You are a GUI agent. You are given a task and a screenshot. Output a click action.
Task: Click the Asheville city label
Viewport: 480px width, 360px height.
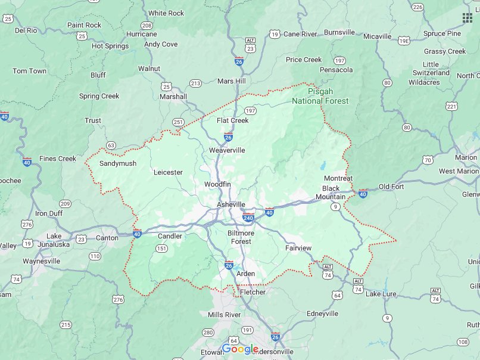[x=230, y=204]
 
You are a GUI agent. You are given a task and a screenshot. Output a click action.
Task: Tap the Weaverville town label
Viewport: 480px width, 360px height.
[x=226, y=151]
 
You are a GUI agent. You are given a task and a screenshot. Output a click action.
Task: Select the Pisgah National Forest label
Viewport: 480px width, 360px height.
[x=320, y=97]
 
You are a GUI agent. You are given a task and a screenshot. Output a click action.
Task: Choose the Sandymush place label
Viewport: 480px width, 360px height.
[x=117, y=163]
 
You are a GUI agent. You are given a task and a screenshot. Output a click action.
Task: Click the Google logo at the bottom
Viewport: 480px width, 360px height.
[x=240, y=349]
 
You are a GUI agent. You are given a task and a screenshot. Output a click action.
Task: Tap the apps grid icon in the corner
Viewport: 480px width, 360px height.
[x=467, y=17]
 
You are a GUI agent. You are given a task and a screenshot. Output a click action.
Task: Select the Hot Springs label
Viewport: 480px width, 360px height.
[x=110, y=46]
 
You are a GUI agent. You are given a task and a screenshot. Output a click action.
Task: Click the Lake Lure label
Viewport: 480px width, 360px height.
[x=381, y=294]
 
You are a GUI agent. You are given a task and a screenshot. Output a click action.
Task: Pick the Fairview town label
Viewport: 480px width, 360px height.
[x=298, y=248]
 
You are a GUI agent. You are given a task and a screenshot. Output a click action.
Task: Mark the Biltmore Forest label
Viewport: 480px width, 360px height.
[x=241, y=237]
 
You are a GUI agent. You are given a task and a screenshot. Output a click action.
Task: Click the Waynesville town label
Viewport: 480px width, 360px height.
[x=42, y=261]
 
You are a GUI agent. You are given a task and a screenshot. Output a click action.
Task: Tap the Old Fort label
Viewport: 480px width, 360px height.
[x=391, y=187]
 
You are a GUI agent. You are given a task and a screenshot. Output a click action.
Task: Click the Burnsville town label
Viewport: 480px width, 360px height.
[x=339, y=32]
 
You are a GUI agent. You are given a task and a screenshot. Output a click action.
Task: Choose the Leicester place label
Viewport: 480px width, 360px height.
[x=168, y=172]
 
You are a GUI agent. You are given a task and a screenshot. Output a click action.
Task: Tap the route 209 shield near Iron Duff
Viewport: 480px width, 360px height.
[x=65, y=204]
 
